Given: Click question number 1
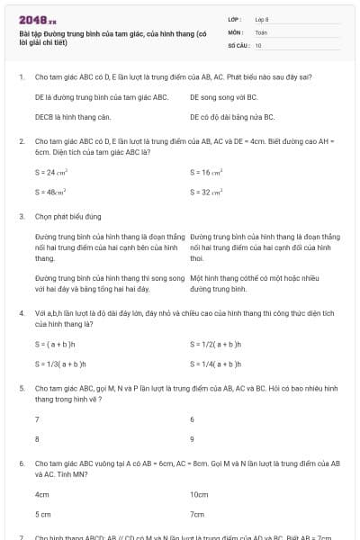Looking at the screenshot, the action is click(21, 76).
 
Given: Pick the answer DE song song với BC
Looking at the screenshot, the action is click(224, 97).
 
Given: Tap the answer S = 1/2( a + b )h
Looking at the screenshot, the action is click(216, 344).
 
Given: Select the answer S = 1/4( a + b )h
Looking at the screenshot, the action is click(216, 364).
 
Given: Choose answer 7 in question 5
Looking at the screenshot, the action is click(37, 419).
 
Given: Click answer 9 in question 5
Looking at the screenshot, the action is click(193, 439).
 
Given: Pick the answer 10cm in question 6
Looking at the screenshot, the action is click(199, 494).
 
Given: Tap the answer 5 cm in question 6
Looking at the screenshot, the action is click(42, 514).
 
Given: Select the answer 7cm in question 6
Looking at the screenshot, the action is click(197, 514).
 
